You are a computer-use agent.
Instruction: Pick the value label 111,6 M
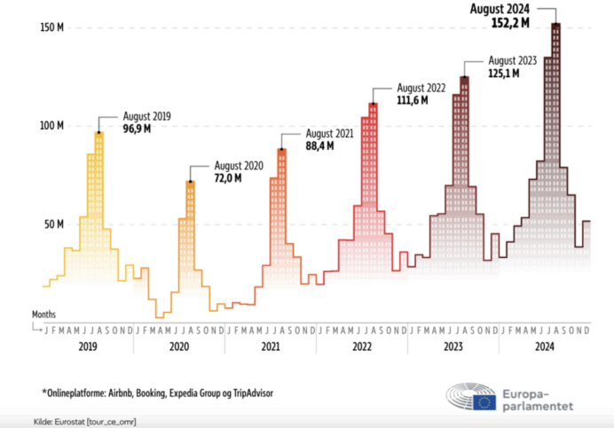(413, 101)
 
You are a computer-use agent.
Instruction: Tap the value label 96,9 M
(141, 130)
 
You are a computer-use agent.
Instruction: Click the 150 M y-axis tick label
(51, 27)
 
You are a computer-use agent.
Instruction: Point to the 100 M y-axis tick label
(51, 126)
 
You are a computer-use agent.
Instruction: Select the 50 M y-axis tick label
(53, 224)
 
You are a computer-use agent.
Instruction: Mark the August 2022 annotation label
(421, 88)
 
